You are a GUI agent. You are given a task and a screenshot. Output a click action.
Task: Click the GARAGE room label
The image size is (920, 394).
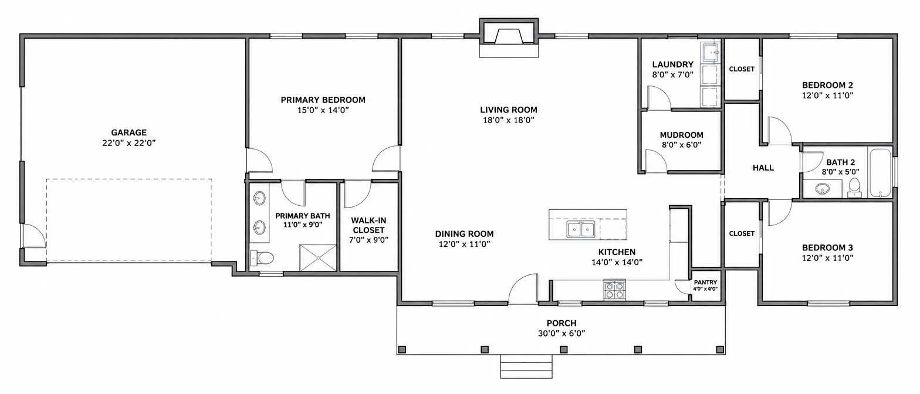(129, 133)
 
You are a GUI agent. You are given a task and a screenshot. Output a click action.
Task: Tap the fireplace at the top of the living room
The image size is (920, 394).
(509, 37)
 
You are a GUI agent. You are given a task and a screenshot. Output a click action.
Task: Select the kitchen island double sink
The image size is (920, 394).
(581, 229)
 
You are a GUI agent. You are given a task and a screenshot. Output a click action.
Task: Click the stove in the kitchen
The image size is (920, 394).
(614, 290)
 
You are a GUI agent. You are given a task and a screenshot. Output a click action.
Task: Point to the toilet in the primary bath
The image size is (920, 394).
(262, 258)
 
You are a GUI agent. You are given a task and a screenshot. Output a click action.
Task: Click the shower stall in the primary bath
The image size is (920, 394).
(318, 258)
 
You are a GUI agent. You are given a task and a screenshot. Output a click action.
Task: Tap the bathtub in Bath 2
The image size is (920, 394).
(880, 173)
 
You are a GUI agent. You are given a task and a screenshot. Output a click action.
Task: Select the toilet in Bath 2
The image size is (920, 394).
(854, 188)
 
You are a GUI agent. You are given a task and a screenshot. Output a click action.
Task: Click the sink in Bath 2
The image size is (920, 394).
(822, 189)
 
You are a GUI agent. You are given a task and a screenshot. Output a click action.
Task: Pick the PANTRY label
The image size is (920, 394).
(706, 283)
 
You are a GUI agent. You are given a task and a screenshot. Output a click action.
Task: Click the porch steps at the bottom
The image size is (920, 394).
(526, 366)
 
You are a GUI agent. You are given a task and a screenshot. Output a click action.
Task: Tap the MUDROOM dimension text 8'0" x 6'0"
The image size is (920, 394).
(681, 145)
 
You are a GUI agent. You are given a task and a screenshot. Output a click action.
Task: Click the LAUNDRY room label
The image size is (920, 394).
(673, 64)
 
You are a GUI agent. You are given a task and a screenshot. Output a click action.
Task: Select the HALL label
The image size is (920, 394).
(763, 168)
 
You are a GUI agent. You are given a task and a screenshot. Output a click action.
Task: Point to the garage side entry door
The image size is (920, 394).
(33, 236)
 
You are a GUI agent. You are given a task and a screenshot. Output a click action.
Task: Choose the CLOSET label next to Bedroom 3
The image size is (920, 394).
(742, 233)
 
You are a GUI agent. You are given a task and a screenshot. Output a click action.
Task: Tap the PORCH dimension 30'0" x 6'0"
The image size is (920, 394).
(562, 333)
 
